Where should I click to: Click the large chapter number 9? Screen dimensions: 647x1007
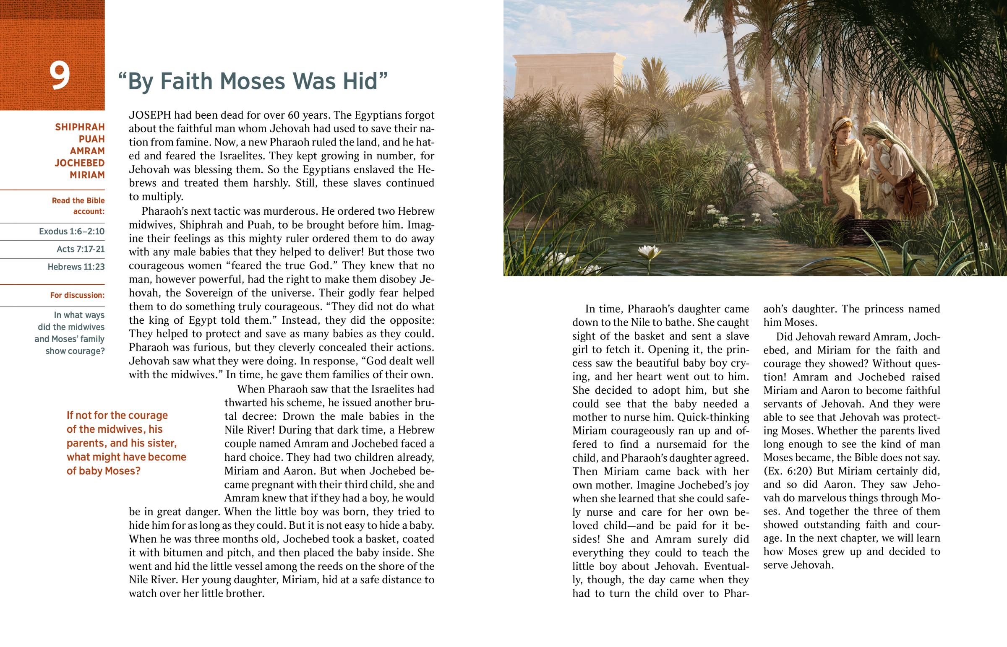[60, 76]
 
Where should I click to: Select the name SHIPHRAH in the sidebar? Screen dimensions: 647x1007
[80, 127]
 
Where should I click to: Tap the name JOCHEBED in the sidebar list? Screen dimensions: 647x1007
[79, 163]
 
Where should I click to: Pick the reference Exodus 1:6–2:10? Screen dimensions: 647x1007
[71, 231]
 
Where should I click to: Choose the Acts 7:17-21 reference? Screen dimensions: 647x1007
[80, 249]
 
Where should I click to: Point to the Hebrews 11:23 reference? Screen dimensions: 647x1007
[76, 267]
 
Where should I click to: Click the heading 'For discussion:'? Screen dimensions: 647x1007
[77, 295]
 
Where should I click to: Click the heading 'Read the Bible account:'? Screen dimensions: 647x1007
[78, 206]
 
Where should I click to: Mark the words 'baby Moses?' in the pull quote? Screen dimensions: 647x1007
[103, 471]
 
